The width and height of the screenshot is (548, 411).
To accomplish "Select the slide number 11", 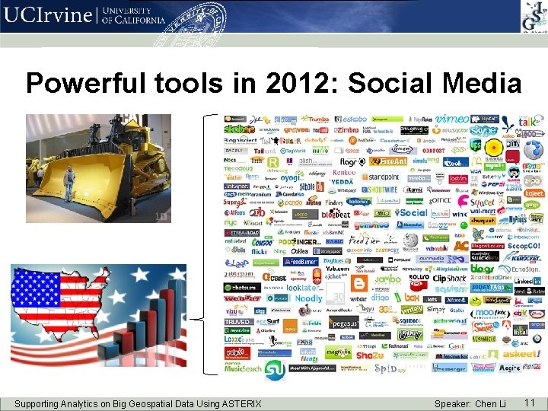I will pos(530,402).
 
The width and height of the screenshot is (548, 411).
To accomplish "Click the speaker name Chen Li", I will pos(491,403).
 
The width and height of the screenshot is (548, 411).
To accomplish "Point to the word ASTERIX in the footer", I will pos(237,403).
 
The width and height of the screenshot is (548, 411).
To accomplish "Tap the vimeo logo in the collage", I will pos(453,119).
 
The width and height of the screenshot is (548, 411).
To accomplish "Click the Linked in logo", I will pos(527,281).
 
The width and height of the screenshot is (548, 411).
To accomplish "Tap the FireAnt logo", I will pos(393,161).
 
